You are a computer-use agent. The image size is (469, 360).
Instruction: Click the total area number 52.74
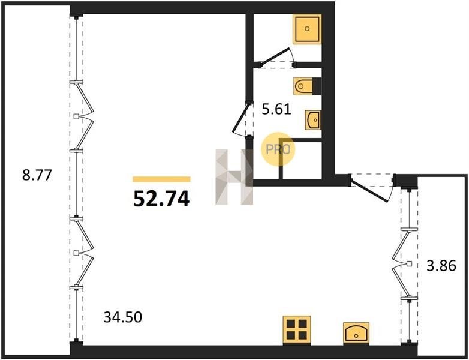tap(161, 199)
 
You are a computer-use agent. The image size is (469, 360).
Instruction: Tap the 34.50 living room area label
tap(122, 317)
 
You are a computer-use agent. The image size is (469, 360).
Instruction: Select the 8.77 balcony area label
tap(37, 175)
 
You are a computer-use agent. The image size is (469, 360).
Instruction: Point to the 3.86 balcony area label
tap(441, 265)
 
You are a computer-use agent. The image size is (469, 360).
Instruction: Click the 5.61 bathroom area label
tap(276, 109)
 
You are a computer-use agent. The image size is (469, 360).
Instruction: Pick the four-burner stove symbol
tap(297, 329)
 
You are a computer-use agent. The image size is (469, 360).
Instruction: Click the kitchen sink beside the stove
tap(356, 332)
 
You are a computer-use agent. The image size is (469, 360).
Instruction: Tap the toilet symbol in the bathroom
tap(303, 86)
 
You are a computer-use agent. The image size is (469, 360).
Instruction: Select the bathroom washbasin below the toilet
tap(313, 120)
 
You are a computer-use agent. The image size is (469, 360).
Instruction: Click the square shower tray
tap(308, 29)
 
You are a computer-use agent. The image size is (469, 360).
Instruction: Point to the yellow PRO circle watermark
tap(278, 149)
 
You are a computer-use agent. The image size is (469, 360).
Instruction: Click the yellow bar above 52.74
tap(161, 179)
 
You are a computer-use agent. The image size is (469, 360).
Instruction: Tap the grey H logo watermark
tap(235, 177)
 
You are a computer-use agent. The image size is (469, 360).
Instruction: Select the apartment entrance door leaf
tap(370, 190)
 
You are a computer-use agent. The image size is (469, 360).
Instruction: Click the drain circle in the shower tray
tap(307, 29)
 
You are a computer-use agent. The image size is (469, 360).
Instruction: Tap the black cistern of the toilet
tap(317, 86)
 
